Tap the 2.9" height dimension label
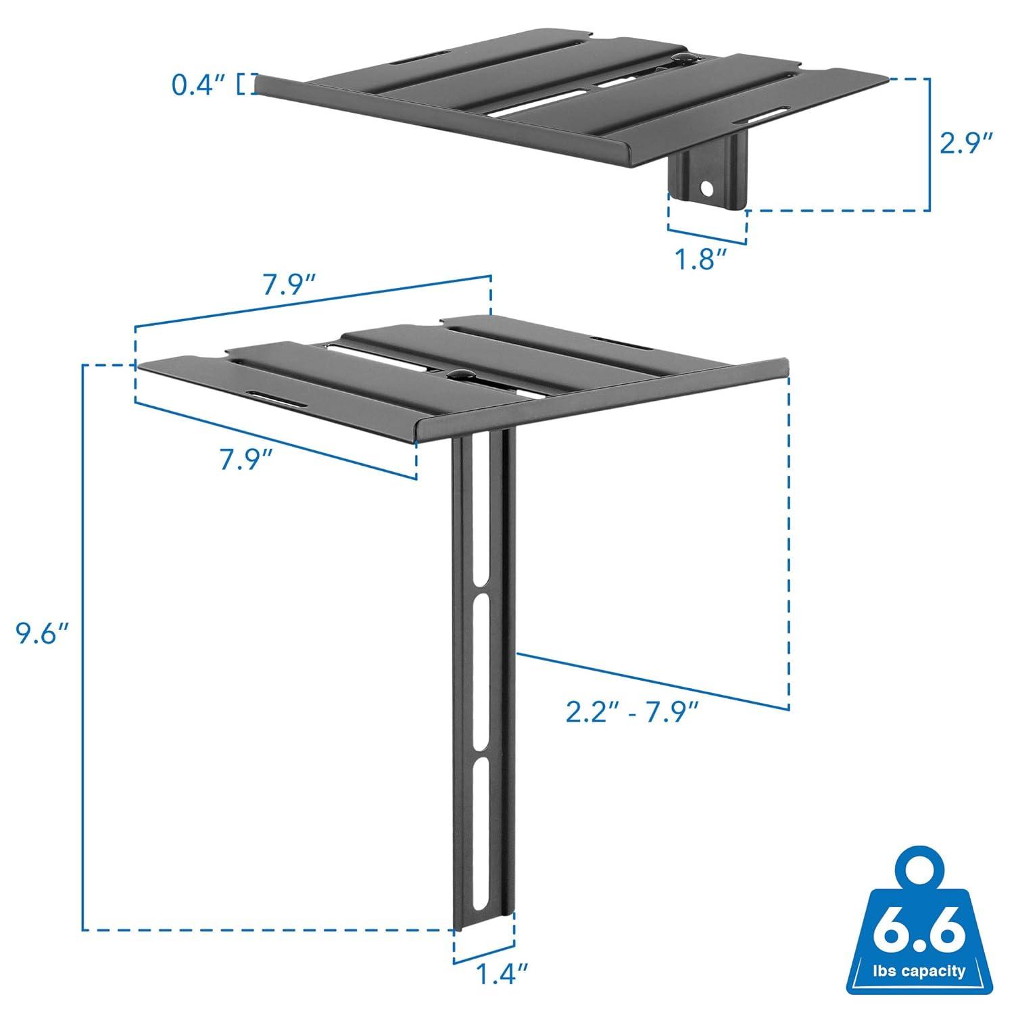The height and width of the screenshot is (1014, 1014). [x=967, y=144]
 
